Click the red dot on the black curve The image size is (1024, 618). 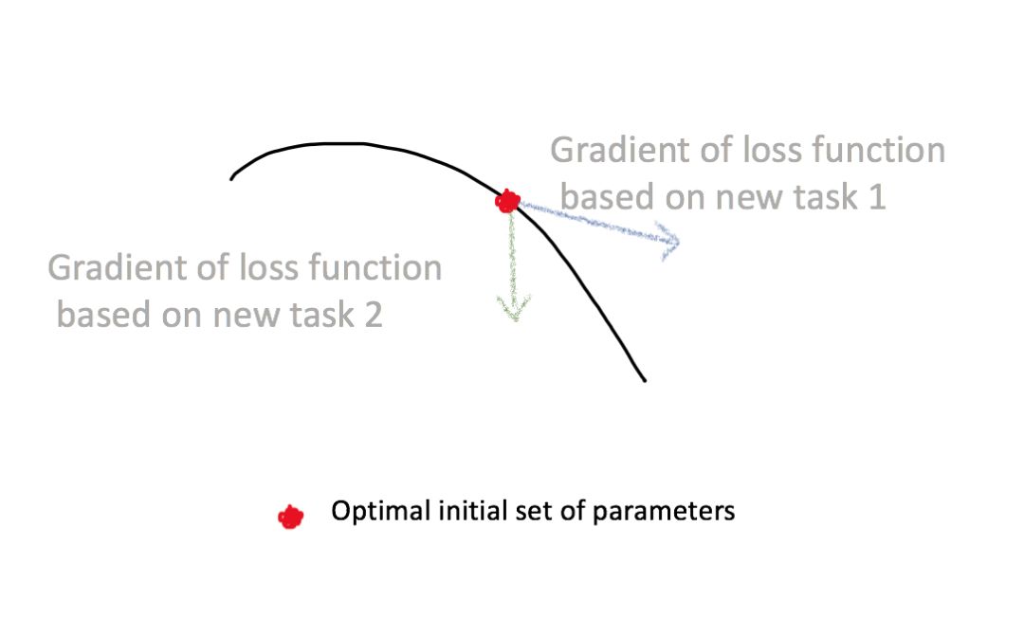click(x=508, y=201)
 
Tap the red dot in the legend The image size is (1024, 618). click(x=290, y=517)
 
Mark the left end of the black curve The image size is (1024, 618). click(x=232, y=177)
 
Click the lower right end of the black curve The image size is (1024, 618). click(x=644, y=380)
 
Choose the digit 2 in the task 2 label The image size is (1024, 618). click(x=373, y=315)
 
